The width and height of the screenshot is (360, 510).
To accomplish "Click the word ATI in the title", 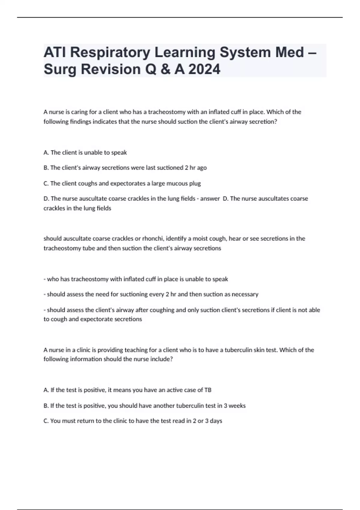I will (55, 52).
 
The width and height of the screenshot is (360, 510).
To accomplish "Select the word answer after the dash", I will (210, 199).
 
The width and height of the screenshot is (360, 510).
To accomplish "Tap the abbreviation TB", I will (208, 390).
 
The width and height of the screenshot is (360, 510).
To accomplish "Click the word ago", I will (202, 168).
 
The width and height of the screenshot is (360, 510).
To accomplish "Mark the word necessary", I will (245, 294).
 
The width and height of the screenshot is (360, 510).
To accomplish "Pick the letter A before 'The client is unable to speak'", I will (46, 153).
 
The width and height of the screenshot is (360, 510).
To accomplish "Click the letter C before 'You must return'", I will (46, 421).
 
